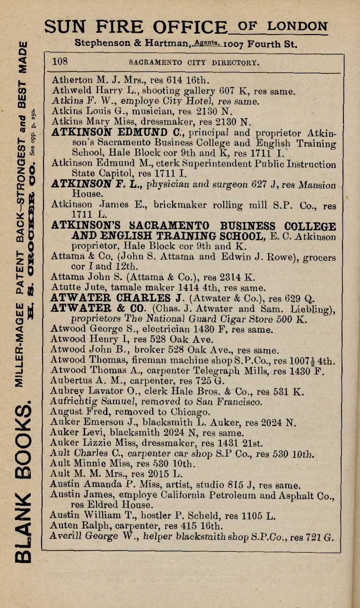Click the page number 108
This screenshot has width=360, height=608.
[x=61, y=61]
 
